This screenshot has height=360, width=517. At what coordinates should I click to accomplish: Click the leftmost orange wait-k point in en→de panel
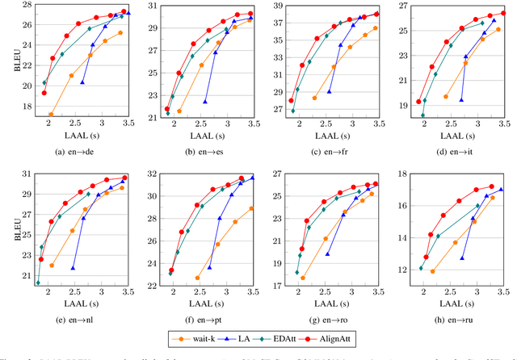point(51,115)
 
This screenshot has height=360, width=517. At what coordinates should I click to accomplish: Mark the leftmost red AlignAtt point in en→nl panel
point(41,259)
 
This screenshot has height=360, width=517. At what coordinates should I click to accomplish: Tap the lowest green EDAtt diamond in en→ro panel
point(296,272)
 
